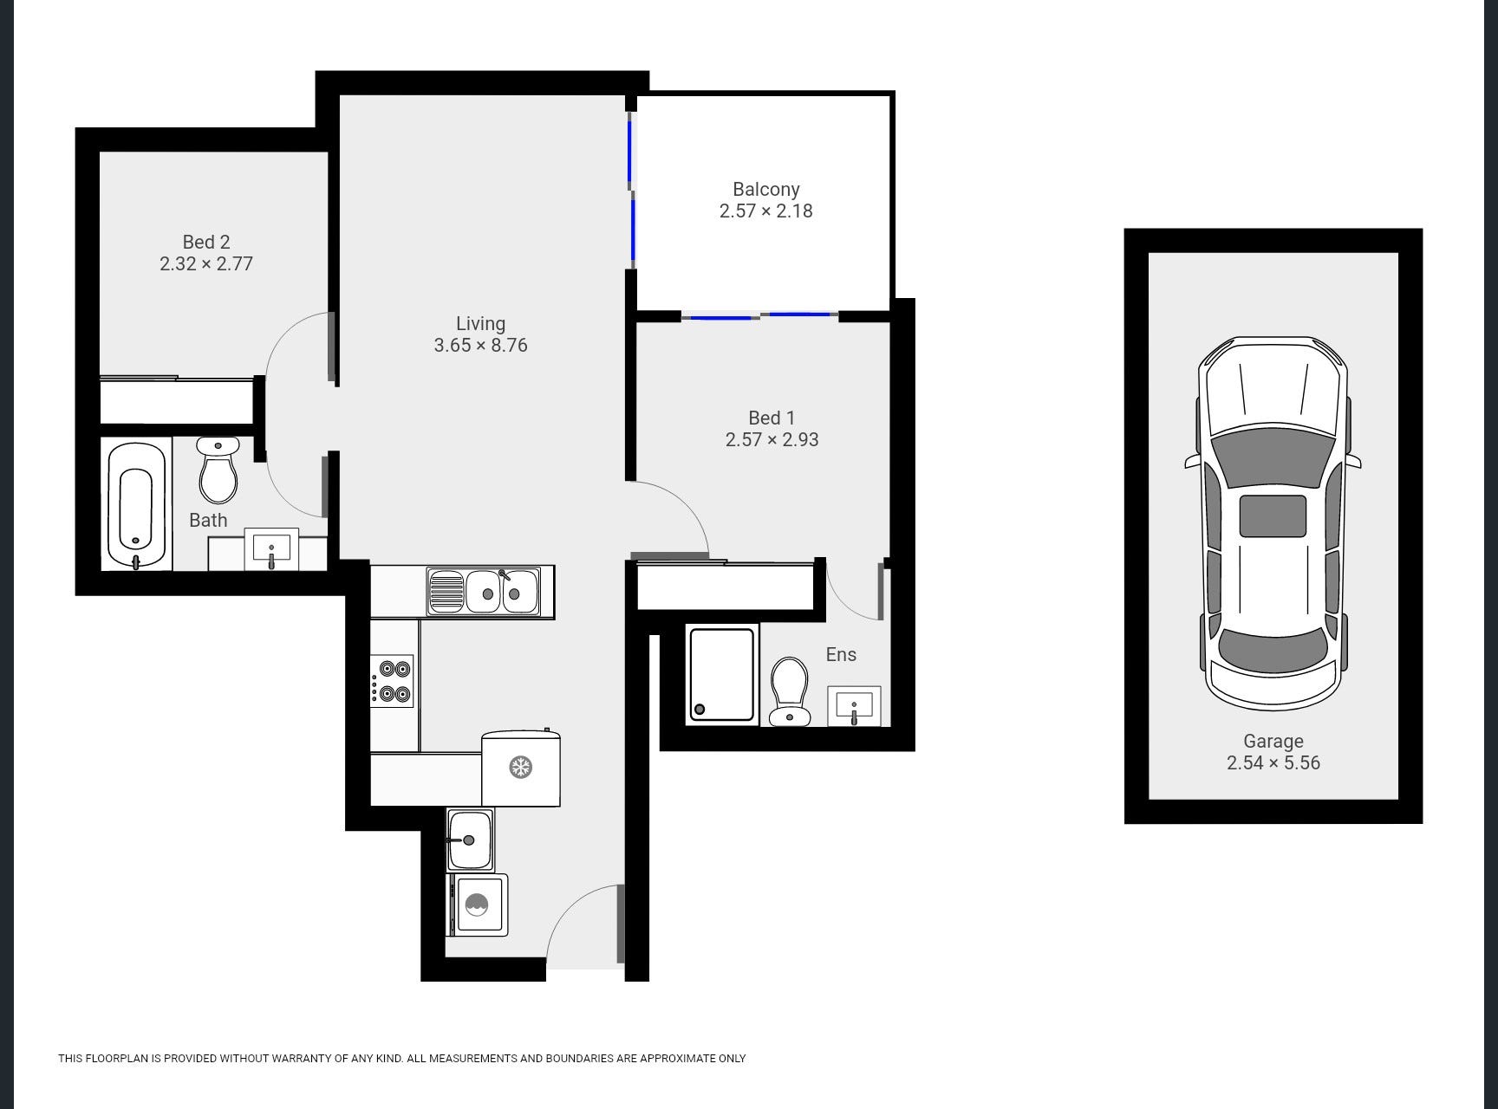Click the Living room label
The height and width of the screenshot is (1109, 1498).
pyautogui.click(x=480, y=323)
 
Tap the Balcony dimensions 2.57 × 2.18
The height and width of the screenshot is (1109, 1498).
pyautogui.click(x=766, y=211)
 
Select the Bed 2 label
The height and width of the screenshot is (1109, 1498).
pyautogui.click(x=206, y=242)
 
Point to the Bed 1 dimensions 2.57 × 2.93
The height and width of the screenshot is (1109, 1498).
pyautogui.click(x=772, y=439)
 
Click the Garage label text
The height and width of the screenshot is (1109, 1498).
pyautogui.click(x=1273, y=741)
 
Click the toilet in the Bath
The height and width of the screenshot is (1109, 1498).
pyautogui.click(x=218, y=470)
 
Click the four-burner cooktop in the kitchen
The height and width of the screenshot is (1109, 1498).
pyautogui.click(x=393, y=681)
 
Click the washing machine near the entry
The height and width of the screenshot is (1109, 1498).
pyautogui.click(x=477, y=905)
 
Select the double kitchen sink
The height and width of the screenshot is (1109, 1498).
pyautogui.click(x=484, y=592)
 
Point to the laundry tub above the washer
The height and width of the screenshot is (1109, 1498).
pyautogui.click(x=471, y=840)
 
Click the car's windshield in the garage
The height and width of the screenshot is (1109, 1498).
pyautogui.click(x=1273, y=457)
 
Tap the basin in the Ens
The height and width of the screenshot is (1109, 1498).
pyautogui.click(x=855, y=706)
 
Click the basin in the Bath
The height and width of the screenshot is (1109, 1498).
pyautogui.click(x=271, y=549)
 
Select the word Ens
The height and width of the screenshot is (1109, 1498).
pyautogui.click(x=841, y=654)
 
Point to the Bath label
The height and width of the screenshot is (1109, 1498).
pyautogui.click(x=208, y=520)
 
